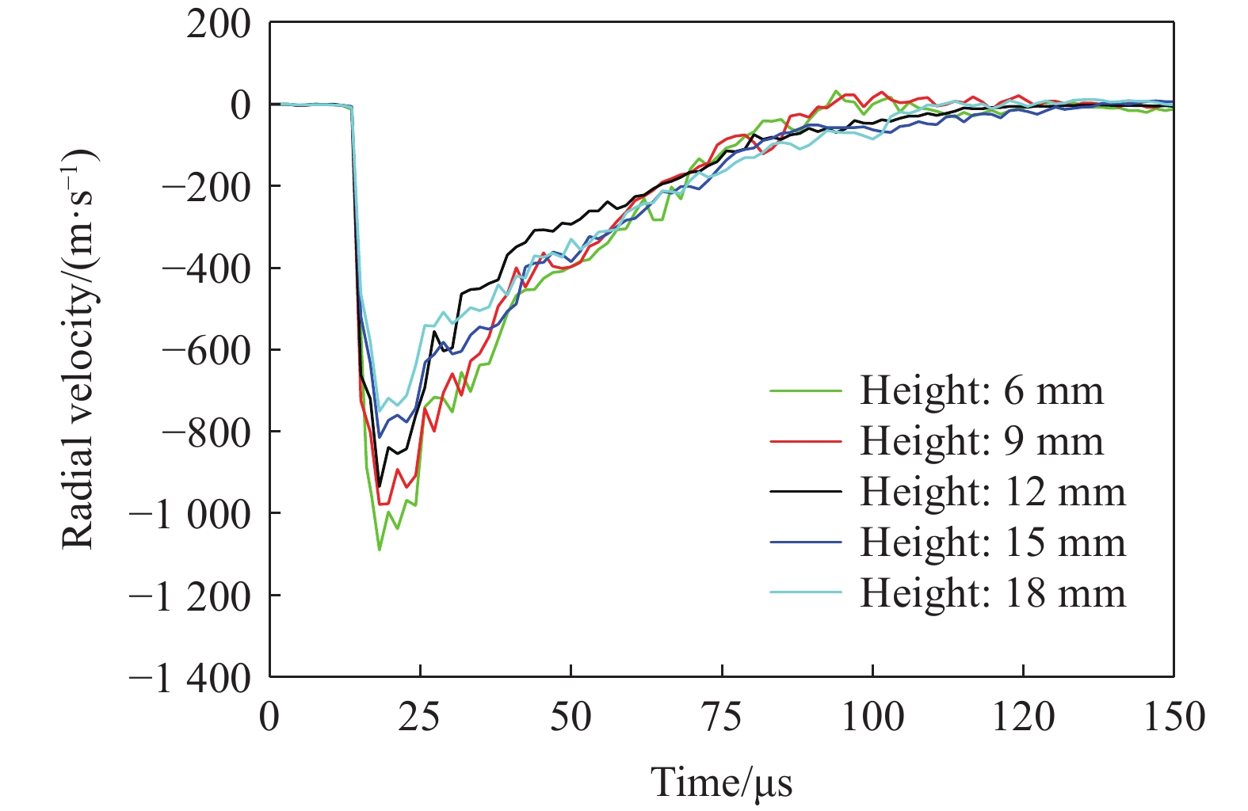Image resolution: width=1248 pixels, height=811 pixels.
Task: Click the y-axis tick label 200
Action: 218,24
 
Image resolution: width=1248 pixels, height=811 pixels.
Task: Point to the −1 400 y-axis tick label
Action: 189,678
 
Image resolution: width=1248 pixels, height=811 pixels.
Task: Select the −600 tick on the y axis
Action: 205,350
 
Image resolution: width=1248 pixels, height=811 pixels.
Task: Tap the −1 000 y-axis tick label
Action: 189,514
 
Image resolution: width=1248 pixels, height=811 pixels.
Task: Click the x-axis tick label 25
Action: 420,718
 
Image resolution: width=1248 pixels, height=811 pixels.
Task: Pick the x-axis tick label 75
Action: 722,718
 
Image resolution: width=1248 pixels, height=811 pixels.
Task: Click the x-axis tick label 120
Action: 1023,718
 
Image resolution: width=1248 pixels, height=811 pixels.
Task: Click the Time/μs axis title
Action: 721,782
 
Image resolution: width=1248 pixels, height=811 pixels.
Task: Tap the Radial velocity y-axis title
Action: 79,348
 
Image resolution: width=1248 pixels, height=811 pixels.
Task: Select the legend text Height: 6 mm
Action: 981,390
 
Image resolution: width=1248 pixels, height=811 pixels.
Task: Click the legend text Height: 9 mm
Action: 981,441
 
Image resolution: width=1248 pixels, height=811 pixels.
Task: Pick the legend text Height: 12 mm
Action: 992,492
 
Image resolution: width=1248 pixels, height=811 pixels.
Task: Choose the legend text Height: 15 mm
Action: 992,543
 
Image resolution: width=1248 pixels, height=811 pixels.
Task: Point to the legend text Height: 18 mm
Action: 992,593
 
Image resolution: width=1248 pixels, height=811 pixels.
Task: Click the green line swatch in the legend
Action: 805,390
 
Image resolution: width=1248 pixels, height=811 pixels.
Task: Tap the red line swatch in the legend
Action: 805,441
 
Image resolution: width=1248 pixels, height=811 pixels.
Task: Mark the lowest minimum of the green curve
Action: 380,549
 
